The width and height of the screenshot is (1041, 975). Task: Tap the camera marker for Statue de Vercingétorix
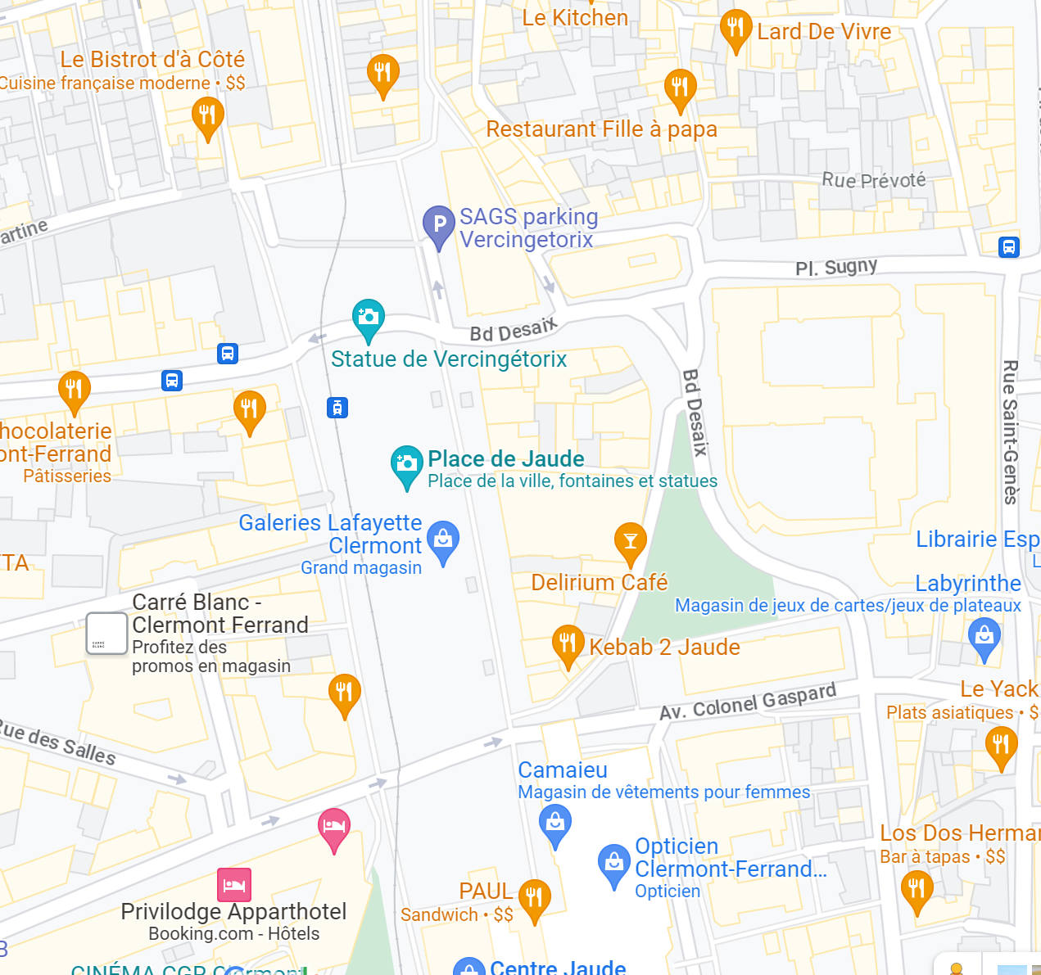pyautogui.click(x=368, y=318)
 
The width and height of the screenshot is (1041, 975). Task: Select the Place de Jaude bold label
pyautogui.click(x=505, y=459)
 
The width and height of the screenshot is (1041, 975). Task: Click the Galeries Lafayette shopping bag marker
pyautogui.click(x=443, y=539)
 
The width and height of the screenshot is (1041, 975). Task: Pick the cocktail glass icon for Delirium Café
pyautogui.click(x=630, y=541)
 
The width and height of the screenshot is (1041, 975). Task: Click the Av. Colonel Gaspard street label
pyautogui.click(x=748, y=702)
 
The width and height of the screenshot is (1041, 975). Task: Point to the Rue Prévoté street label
pyautogui.click(x=873, y=180)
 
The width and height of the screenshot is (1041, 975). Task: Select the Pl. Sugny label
pyautogui.click(x=835, y=268)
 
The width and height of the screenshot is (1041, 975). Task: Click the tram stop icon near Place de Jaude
pyautogui.click(x=337, y=407)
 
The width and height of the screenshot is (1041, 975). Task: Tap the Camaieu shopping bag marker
pyautogui.click(x=555, y=821)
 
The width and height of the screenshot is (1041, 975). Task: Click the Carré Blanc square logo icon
pyautogui.click(x=106, y=634)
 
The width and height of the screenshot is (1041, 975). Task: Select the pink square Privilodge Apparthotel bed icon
pyautogui.click(x=234, y=885)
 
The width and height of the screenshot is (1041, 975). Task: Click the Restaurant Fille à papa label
pyautogui.click(x=601, y=129)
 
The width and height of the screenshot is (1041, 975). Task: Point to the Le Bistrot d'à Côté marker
pyautogui.click(x=207, y=115)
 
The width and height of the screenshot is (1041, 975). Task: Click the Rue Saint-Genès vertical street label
pyautogui.click(x=1010, y=432)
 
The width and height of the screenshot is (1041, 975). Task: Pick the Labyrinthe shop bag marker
pyautogui.click(x=984, y=636)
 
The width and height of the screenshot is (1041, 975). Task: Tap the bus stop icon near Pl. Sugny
pyautogui.click(x=1009, y=246)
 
